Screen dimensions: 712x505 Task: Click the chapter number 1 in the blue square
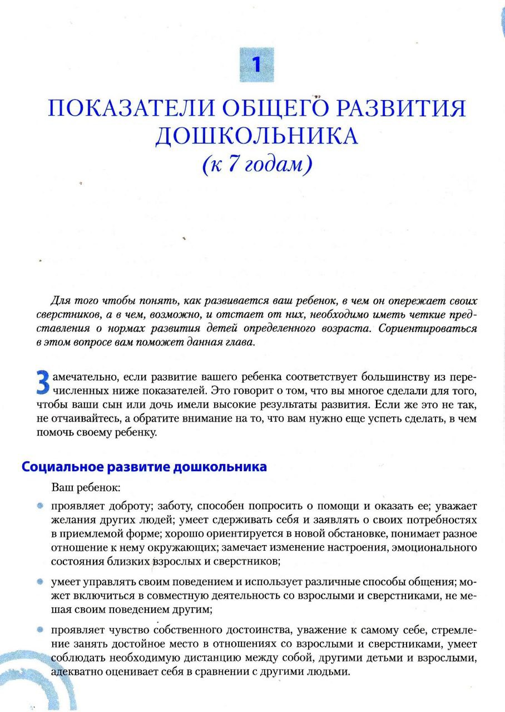click(256, 65)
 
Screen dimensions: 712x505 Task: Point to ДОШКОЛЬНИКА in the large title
click(256, 136)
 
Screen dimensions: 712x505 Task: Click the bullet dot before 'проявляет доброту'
click(41, 506)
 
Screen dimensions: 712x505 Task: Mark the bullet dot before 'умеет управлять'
click(41, 582)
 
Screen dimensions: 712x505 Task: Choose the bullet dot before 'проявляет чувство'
click(41, 630)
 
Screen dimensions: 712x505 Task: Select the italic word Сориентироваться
click(427, 328)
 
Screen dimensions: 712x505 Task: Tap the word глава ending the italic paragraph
click(240, 342)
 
